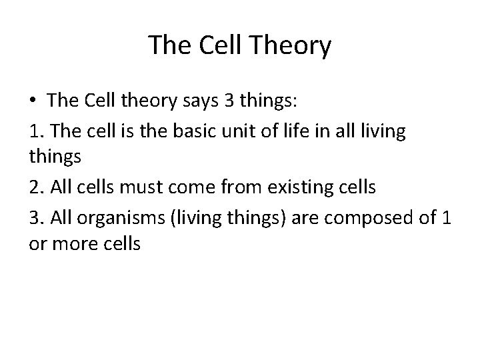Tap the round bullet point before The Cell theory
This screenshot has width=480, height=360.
point(33,101)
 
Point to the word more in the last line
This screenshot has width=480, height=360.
point(75,245)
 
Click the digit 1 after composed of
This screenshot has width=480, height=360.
point(445,216)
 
